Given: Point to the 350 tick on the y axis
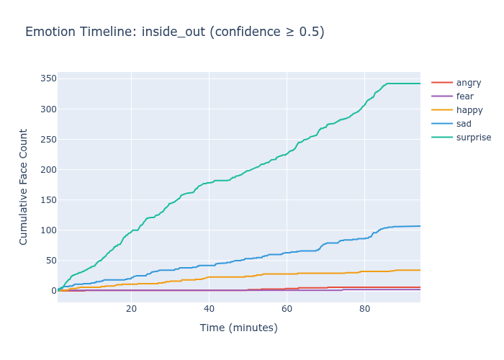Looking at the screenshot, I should (48, 78).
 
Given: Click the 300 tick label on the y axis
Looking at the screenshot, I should (48, 109).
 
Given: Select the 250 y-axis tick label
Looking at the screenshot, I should (48, 139).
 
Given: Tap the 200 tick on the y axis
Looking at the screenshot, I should (48, 169).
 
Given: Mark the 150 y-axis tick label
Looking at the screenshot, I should (48, 199).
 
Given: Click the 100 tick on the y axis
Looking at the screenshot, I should (48, 230).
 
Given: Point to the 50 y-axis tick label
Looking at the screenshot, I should (50, 260).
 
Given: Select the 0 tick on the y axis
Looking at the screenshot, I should (53, 290).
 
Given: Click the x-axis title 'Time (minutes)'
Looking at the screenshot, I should (238, 328).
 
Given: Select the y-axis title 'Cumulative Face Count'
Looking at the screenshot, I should (24, 186).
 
